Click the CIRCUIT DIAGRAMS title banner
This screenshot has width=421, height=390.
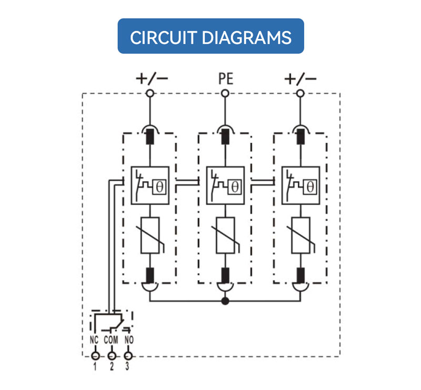(x=211, y=36)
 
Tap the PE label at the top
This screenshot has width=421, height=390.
(x=226, y=79)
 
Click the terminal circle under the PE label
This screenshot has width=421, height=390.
(x=225, y=94)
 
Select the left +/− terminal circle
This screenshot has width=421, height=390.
(x=150, y=94)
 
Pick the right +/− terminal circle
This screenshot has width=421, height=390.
(x=300, y=94)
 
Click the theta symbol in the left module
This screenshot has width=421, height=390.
(x=159, y=187)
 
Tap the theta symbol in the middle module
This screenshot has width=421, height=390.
(x=235, y=187)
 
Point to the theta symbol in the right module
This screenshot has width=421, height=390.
(x=310, y=187)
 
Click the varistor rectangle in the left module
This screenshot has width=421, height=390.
(x=150, y=235)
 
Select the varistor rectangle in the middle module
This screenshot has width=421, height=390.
(x=225, y=235)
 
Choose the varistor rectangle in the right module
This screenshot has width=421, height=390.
(x=300, y=235)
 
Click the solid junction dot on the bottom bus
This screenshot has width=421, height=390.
(x=225, y=301)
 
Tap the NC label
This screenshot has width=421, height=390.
(x=94, y=340)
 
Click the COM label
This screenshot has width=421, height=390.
(x=111, y=340)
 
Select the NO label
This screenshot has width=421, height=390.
(x=129, y=340)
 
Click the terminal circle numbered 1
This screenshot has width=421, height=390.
(x=95, y=356)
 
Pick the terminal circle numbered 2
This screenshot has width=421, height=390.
(x=112, y=356)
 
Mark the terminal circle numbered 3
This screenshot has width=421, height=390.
(x=128, y=356)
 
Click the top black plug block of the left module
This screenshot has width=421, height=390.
(x=150, y=137)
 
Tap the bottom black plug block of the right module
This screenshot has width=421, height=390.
(x=300, y=275)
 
